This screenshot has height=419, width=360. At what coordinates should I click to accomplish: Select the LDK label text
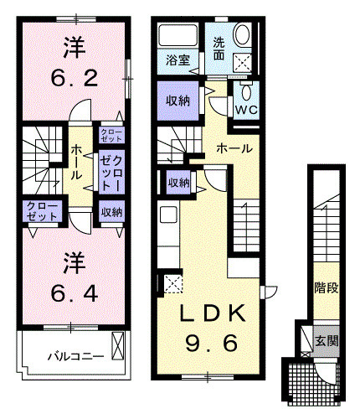click(215, 313)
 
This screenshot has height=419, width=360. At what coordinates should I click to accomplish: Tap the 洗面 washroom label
click(218, 49)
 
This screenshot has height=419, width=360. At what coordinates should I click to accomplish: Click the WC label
click(246, 109)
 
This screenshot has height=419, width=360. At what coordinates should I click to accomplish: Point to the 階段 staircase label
click(326, 288)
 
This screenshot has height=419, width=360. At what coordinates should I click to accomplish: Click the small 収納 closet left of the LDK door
click(178, 183)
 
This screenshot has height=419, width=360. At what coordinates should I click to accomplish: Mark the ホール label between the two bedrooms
click(76, 163)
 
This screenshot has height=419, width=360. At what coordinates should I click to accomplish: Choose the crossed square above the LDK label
click(172, 282)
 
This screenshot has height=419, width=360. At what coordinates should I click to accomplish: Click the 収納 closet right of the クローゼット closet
click(111, 212)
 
